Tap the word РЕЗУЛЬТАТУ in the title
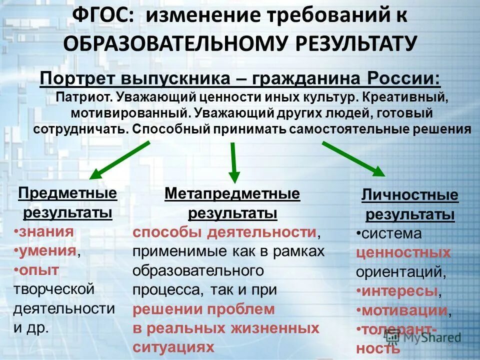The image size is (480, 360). point(355,43)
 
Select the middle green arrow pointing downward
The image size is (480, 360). point(233,162)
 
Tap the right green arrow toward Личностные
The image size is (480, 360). point(353,158)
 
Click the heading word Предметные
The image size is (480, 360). point(67,193)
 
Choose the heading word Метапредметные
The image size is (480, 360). point(232,193)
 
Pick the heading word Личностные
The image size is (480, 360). point(410,195)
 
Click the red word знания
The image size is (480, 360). point(45,231)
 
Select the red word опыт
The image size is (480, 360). point(39,269)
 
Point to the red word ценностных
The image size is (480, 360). point(403,252)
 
